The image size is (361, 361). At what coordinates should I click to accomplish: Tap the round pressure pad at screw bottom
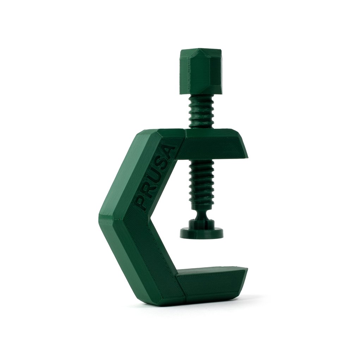pos(201,233)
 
